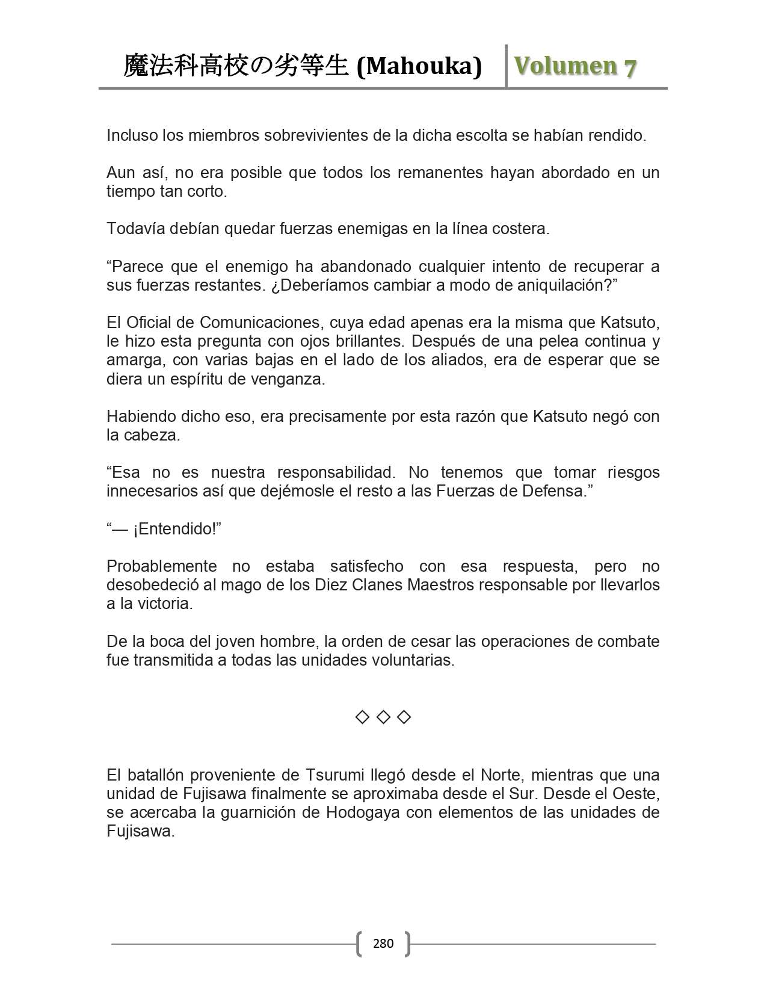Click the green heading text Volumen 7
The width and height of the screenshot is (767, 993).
coord(575,66)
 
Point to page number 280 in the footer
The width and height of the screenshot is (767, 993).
coord(383,943)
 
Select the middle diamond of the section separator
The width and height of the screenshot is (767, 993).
coord(383,717)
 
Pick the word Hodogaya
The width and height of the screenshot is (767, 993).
coord(363,812)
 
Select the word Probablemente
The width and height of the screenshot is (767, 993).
coord(162,566)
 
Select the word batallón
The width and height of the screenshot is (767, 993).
coord(160,775)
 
